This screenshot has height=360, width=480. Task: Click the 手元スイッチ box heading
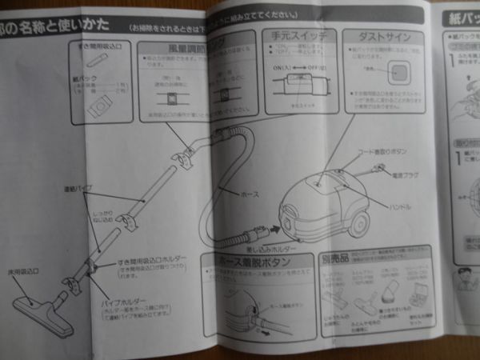(x=296, y=36)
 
